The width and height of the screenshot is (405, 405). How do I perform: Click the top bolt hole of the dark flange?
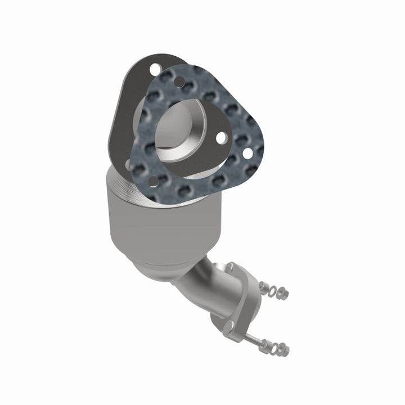[x=154, y=69]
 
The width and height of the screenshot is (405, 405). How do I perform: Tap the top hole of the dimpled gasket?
[x=179, y=82]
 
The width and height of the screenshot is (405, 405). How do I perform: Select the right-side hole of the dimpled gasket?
[x=246, y=152]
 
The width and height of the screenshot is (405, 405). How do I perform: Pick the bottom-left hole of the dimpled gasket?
[x=153, y=181]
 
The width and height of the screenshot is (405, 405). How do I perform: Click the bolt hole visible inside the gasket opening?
[x=221, y=137]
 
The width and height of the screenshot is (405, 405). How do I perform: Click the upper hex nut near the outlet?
[x=283, y=292]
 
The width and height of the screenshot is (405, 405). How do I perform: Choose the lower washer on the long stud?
[x=274, y=348]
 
